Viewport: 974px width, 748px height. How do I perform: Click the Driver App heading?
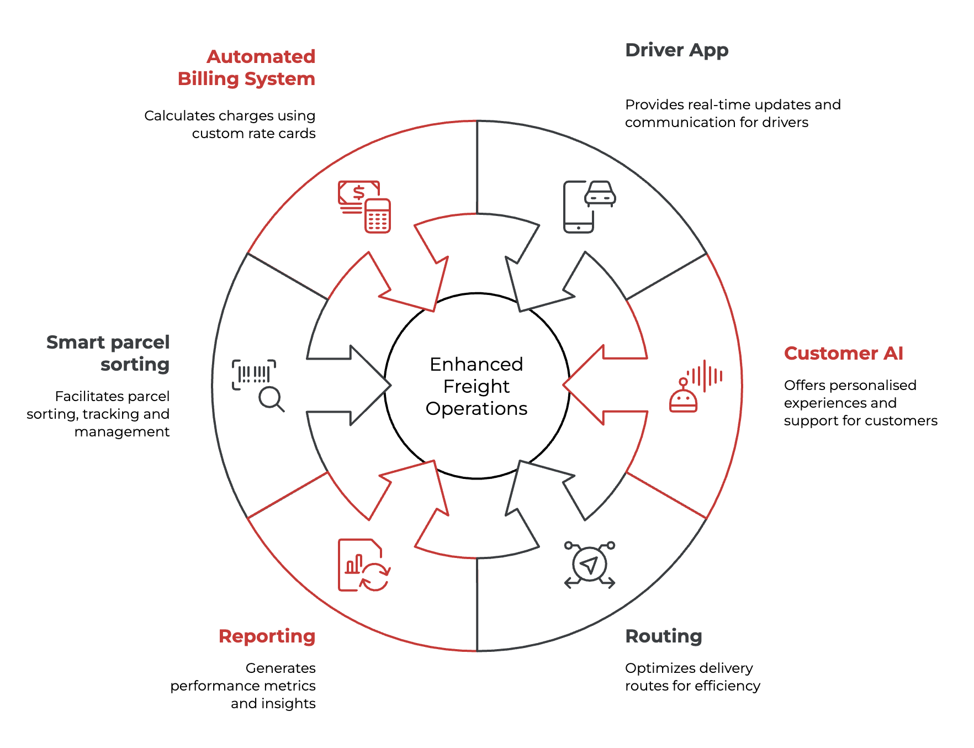tap(676, 50)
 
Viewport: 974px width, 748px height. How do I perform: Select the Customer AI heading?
tap(843, 354)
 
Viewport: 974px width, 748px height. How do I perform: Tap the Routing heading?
tap(663, 636)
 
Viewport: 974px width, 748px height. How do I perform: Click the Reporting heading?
tap(267, 636)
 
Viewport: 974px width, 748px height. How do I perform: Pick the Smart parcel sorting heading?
tap(108, 354)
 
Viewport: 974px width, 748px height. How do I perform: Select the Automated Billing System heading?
tap(246, 68)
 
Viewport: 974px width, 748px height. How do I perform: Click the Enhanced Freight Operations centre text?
tap(477, 386)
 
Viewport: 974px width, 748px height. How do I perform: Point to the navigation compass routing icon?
tap(590, 565)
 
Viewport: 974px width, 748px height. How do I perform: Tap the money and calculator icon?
tap(364, 207)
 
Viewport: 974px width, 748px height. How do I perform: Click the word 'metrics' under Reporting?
tap(290, 686)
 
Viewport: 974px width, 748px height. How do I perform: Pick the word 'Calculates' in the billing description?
tap(179, 116)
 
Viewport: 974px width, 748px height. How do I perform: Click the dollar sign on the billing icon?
tap(359, 192)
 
